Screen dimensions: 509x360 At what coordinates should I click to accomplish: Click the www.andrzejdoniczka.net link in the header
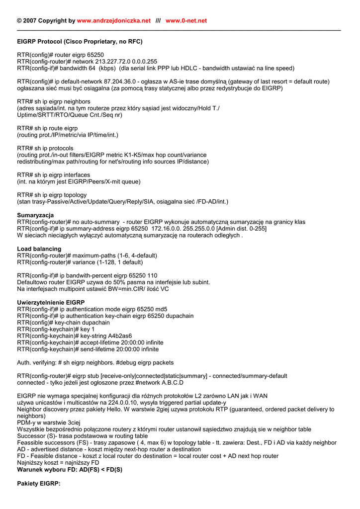point(114,21)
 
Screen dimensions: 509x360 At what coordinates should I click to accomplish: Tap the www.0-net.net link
point(186,21)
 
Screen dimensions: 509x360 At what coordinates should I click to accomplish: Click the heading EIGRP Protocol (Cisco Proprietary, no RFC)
point(80,42)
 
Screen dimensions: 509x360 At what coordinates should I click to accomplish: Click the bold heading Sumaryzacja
point(35,215)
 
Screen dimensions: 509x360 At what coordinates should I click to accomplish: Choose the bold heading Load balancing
point(39,249)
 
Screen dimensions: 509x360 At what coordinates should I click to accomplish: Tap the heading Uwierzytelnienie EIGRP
point(51,303)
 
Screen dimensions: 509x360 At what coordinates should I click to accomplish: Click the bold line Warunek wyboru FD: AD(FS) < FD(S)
point(70,470)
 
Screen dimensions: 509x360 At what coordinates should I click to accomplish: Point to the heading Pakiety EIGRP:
point(39,484)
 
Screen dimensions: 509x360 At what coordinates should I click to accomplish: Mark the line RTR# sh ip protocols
point(45,149)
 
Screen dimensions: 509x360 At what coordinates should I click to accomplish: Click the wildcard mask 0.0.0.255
point(142,62)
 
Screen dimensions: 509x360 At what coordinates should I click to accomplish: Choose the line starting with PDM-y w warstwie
point(45,423)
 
